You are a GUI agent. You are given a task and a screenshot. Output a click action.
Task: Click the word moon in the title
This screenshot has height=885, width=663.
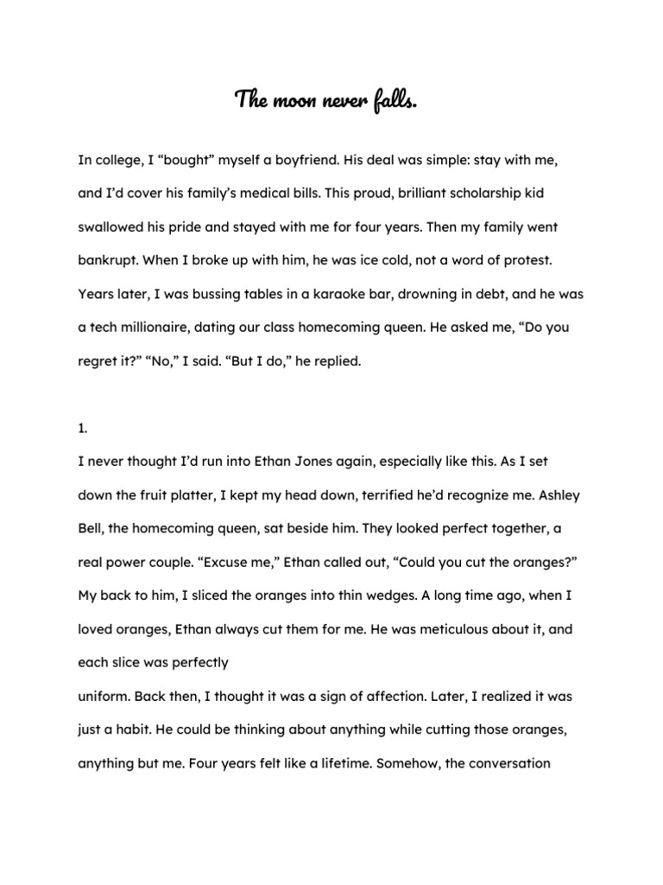[x=294, y=101]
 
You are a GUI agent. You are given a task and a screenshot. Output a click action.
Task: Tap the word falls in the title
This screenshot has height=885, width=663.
[x=396, y=101]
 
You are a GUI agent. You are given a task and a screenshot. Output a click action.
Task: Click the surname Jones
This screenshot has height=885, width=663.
[x=278, y=462]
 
